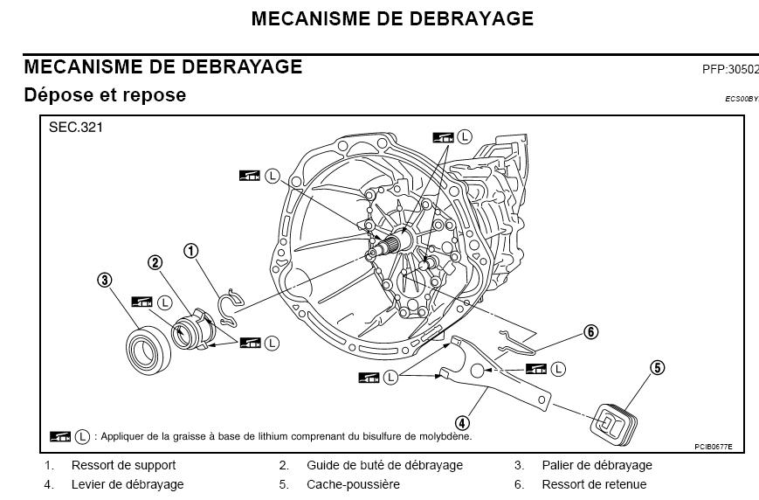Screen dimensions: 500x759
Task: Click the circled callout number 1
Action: pyautogui.click(x=190, y=252)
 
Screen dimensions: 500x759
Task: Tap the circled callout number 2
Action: pyautogui.click(x=155, y=262)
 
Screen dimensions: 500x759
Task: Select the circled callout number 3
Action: pyautogui.click(x=104, y=280)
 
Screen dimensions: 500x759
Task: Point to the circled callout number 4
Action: pyautogui.click(x=462, y=424)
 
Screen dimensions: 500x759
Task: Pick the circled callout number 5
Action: pyautogui.click(x=657, y=368)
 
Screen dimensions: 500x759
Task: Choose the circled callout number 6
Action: pyautogui.click(x=591, y=331)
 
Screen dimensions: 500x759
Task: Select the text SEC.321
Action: pyautogui.click(x=77, y=128)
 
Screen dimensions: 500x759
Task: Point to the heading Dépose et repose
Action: pyautogui.click(x=105, y=94)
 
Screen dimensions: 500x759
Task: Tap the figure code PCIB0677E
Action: pyautogui.click(x=714, y=448)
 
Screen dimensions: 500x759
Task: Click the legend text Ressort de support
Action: pyautogui.click(x=123, y=465)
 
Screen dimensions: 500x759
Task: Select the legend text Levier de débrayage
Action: pyautogui.click(x=128, y=483)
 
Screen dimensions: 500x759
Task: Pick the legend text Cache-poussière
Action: pyautogui.click(x=353, y=483)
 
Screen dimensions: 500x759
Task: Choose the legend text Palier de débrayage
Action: pyautogui.click(x=597, y=465)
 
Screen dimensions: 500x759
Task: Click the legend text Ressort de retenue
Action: pyautogui.click(x=594, y=483)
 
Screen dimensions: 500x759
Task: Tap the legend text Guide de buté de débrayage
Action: pyautogui.click(x=384, y=465)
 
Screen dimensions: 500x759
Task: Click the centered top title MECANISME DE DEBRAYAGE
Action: pyautogui.click(x=392, y=18)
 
